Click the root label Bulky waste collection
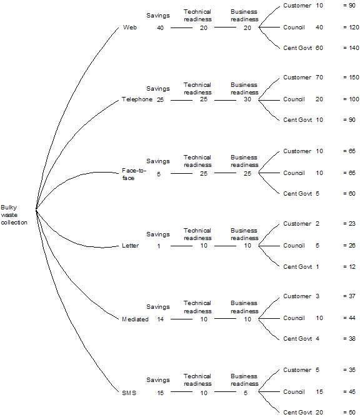click(14, 215)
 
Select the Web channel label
click(130, 27)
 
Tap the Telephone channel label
click(137, 99)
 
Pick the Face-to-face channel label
click(134, 174)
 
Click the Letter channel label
click(130, 246)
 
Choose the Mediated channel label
click(135, 319)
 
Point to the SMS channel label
click(129, 393)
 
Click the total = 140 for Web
click(351, 48)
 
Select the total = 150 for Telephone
click(351, 78)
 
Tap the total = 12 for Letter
click(349, 267)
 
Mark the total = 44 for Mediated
click(349, 318)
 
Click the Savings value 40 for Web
click(160, 28)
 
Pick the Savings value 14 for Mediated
click(160, 319)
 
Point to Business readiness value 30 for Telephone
click(247, 99)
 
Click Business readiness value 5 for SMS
click(246, 393)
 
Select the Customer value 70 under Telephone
click(319, 78)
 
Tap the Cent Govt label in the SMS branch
click(297, 413)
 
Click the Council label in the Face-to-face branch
click(294, 173)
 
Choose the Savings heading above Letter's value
click(158, 234)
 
